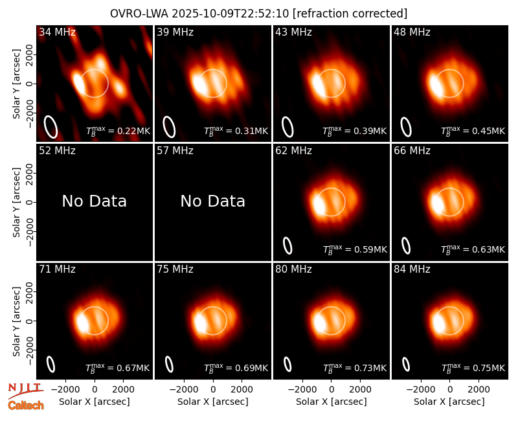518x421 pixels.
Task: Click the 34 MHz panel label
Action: coord(57,32)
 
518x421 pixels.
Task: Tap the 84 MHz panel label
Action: coord(412,269)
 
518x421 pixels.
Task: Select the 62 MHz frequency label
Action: coord(294,151)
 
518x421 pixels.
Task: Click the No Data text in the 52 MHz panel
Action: coord(94,201)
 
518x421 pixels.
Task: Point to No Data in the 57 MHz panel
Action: coord(213,201)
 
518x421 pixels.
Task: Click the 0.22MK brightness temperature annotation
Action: coord(118,131)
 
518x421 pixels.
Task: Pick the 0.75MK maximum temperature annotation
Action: coord(473,368)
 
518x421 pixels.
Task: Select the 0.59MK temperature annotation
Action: coord(355,249)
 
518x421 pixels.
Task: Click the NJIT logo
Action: coord(26,390)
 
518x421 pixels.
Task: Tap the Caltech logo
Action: coord(26,405)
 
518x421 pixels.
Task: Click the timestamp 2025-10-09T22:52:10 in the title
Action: coord(231,14)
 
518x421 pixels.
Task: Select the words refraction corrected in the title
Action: coord(350,14)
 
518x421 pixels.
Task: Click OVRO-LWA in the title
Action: coord(139,14)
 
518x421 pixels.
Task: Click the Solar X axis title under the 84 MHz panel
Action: coord(449,402)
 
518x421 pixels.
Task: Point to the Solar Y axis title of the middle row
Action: coord(16,202)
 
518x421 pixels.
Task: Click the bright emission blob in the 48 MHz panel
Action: coord(436,85)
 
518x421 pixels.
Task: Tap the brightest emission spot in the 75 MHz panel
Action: coord(200,323)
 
